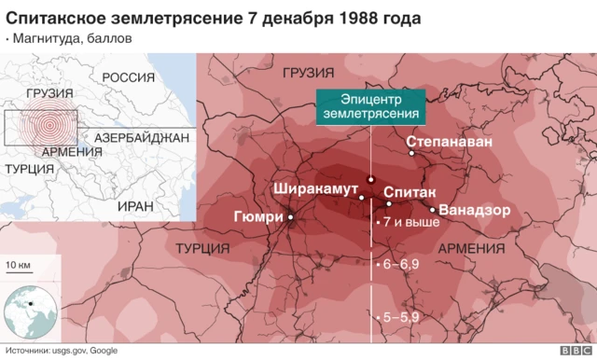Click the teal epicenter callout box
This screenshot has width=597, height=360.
click(371, 104)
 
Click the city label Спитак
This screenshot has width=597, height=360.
click(408, 190)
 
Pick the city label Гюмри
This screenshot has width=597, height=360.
click(257, 217)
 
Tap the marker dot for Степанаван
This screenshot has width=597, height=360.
click(409, 154)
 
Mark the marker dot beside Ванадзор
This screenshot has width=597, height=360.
click(432, 209)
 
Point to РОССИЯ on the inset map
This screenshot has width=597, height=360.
click(128, 77)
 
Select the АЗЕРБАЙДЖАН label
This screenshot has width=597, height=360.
click(142, 137)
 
